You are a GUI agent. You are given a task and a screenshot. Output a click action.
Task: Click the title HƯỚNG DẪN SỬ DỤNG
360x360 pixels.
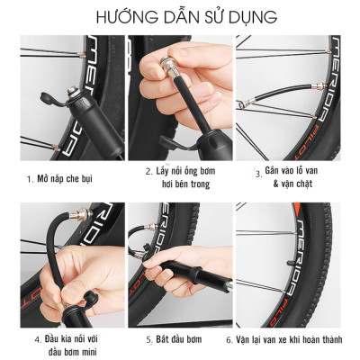(x=180, y=17)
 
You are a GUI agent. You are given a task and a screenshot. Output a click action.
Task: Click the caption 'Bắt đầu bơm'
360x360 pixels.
(x=184, y=340)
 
